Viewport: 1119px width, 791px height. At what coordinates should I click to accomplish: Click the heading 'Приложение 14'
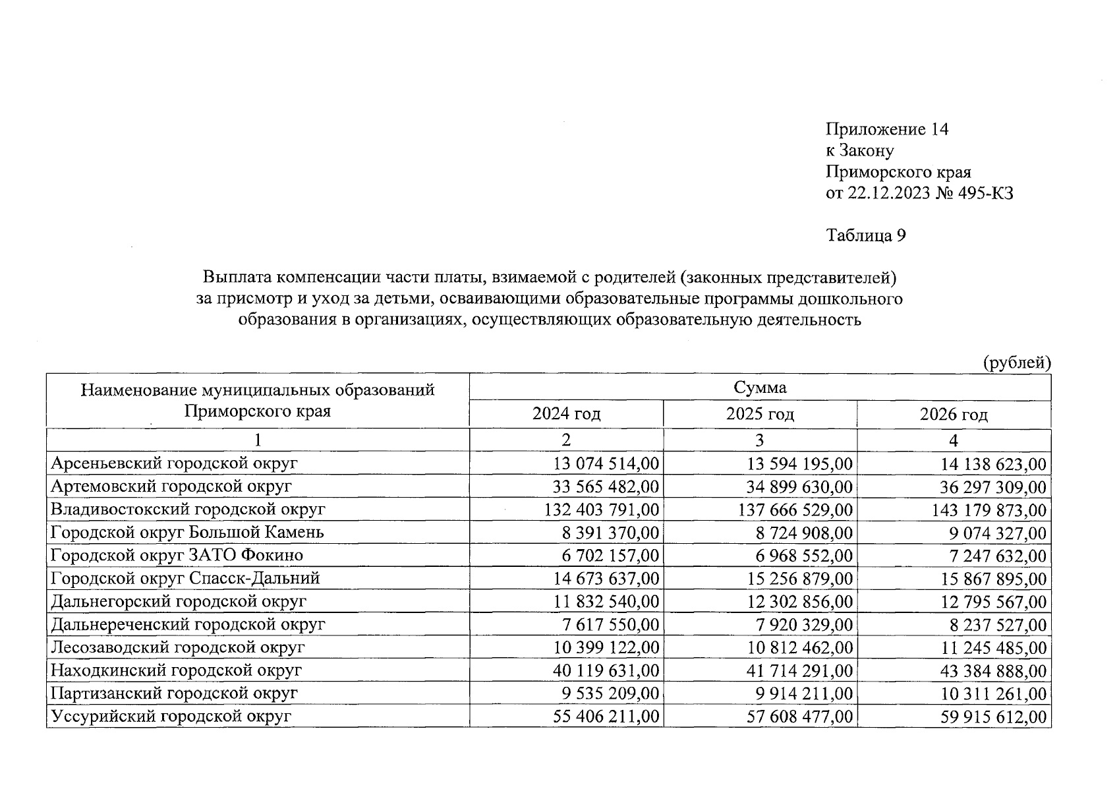click(x=887, y=129)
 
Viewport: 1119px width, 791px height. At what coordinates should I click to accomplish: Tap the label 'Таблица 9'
click(x=866, y=235)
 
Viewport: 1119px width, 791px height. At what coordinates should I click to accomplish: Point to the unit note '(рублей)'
click(x=1017, y=363)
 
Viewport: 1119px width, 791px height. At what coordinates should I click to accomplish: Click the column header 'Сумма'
click(x=760, y=388)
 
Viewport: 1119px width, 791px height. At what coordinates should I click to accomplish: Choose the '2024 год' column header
click(x=566, y=415)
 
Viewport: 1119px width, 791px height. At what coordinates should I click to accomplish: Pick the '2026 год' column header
click(x=954, y=415)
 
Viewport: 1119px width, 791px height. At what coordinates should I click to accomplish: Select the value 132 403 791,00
click(x=602, y=510)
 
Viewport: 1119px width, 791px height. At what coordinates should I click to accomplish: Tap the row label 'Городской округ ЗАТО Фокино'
click(x=177, y=556)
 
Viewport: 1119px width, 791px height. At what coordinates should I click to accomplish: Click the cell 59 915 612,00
click(x=993, y=717)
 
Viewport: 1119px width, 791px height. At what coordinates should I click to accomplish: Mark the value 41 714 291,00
click(x=799, y=671)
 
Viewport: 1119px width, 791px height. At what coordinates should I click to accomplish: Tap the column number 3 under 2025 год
click(x=760, y=440)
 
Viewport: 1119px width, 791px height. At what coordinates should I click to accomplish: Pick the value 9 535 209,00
click(x=611, y=694)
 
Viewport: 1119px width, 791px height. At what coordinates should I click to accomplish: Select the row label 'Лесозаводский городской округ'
click(x=178, y=647)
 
